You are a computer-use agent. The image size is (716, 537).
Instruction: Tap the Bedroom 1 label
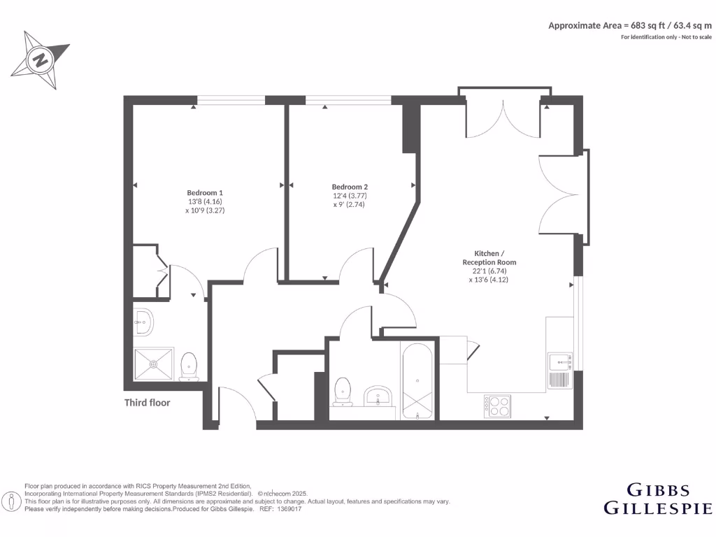coord(205,192)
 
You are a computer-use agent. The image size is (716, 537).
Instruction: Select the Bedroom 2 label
coord(350,187)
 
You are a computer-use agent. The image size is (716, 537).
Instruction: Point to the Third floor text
coord(147,403)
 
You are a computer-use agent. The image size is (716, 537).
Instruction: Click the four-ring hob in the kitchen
coord(497,405)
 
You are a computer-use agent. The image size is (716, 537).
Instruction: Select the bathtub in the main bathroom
coord(418,380)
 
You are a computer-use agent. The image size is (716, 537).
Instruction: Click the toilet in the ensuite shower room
coord(189,366)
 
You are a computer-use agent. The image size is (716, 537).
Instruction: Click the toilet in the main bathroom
coord(343,391)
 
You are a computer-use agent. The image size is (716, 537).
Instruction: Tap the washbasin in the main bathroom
coord(379,395)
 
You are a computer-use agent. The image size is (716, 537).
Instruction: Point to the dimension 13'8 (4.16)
coord(205,201)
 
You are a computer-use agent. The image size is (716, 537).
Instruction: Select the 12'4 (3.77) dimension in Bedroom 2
coord(350,196)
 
